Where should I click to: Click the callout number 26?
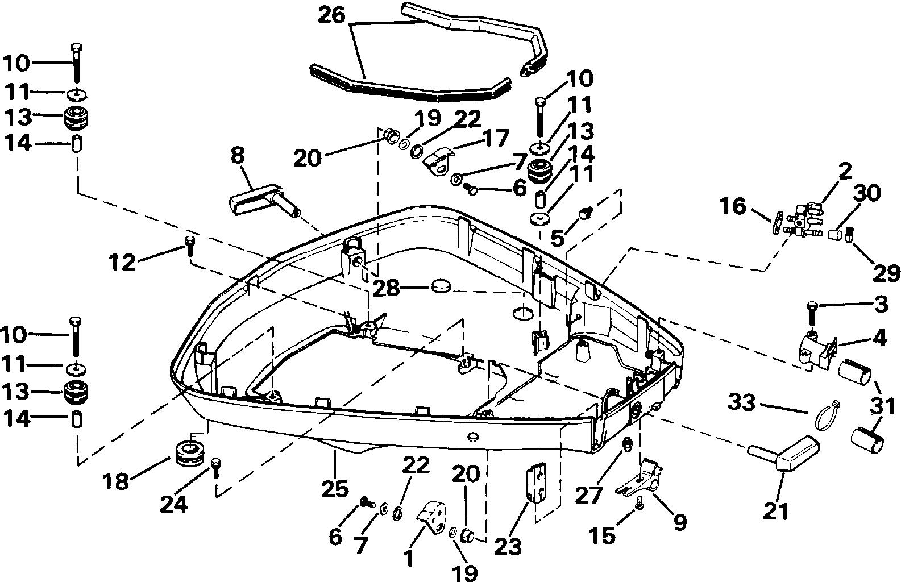[x=331, y=15]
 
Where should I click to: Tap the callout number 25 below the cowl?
[x=335, y=489]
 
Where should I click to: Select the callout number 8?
[x=238, y=156]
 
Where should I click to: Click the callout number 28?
[x=387, y=288]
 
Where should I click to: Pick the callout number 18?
[x=116, y=481]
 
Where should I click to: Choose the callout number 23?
[x=508, y=546]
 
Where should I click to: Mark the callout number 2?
[x=845, y=171]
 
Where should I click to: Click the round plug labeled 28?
[x=441, y=286]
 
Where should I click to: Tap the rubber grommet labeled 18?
[x=190, y=454]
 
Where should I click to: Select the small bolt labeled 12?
[x=190, y=246]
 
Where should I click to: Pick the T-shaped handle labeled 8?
[x=265, y=201]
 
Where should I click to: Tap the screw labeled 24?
[x=215, y=467]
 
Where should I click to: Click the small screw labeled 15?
[x=638, y=503]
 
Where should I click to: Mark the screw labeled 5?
[x=586, y=213]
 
